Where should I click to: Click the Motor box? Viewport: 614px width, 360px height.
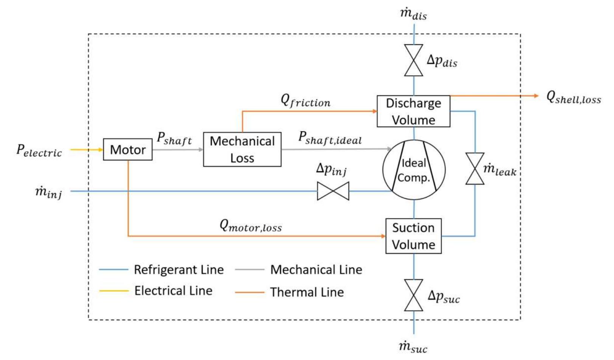coord(127,150)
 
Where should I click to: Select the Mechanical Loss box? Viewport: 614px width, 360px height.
coord(242,149)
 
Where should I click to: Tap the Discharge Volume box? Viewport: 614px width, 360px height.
coord(413,111)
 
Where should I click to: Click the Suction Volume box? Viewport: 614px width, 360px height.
coord(413,236)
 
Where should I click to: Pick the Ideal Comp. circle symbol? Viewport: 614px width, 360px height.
coord(414,170)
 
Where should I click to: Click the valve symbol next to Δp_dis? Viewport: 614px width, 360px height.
coord(414,61)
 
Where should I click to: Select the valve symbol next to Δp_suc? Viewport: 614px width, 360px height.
coord(414,295)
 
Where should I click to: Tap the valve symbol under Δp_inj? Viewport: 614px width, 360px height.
coord(333,191)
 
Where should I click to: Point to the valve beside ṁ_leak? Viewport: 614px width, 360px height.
coord(475,169)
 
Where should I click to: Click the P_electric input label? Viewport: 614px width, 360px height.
coord(39,151)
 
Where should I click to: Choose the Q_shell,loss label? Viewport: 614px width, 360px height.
coord(573,98)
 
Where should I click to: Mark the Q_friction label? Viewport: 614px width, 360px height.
coord(305,101)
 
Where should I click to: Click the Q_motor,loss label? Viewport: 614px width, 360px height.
coord(251,226)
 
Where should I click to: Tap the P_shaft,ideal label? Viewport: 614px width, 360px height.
coord(330,138)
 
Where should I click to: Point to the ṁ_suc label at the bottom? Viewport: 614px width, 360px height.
coord(413,347)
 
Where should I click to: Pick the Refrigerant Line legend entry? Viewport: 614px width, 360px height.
coord(178,270)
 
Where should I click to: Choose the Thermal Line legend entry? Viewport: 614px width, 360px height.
coord(307,292)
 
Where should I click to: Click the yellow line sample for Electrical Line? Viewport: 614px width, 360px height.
coord(113,291)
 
